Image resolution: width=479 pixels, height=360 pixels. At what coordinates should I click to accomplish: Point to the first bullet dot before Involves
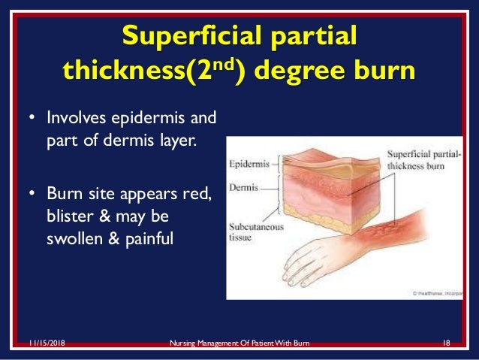[32, 118]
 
